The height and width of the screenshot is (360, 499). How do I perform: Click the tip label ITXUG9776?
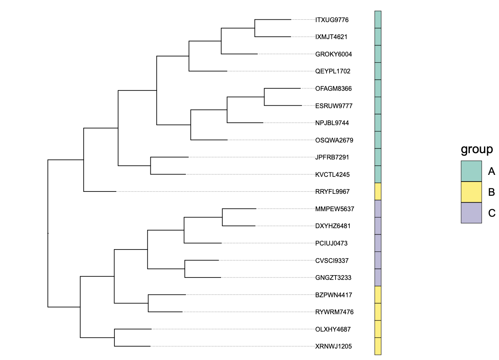pyautogui.click(x=332, y=19)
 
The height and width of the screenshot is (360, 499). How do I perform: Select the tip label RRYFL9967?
pyautogui.click(x=332, y=191)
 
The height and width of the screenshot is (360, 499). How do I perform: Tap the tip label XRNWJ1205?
pyautogui.click(x=333, y=347)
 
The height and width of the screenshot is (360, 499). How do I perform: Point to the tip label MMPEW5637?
pyautogui.click(x=334, y=209)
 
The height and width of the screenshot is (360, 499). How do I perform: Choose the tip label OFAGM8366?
pyautogui.click(x=333, y=88)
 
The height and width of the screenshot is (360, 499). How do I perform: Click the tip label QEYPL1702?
pyautogui.click(x=332, y=71)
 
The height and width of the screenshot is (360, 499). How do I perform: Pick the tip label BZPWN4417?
pyautogui.click(x=333, y=295)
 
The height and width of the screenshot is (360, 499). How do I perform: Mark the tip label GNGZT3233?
pyautogui.click(x=333, y=277)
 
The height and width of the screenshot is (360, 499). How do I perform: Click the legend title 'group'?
pyautogui.click(x=477, y=149)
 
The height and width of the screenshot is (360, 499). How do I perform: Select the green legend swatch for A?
pyautogui.click(x=471, y=171)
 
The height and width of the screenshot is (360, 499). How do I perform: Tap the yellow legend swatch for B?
pyautogui.click(x=471, y=192)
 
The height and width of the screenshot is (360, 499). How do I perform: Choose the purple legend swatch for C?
pyautogui.click(x=471, y=213)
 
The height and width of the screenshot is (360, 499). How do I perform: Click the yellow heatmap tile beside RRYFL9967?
pyautogui.click(x=378, y=191)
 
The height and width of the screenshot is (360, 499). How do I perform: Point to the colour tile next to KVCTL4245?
pyautogui.click(x=378, y=174)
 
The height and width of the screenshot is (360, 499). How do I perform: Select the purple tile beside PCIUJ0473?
pyautogui.click(x=378, y=243)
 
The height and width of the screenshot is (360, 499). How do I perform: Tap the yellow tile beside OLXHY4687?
pyautogui.click(x=378, y=329)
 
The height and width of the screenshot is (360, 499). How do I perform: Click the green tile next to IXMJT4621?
pyautogui.click(x=378, y=37)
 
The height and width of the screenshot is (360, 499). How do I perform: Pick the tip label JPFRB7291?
pyautogui.click(x=332, y=157)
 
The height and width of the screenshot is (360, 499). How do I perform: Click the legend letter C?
pyautogui.click(x=491, y=213)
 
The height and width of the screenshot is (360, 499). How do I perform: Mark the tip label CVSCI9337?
pyautogui.click(x=332, y=261)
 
